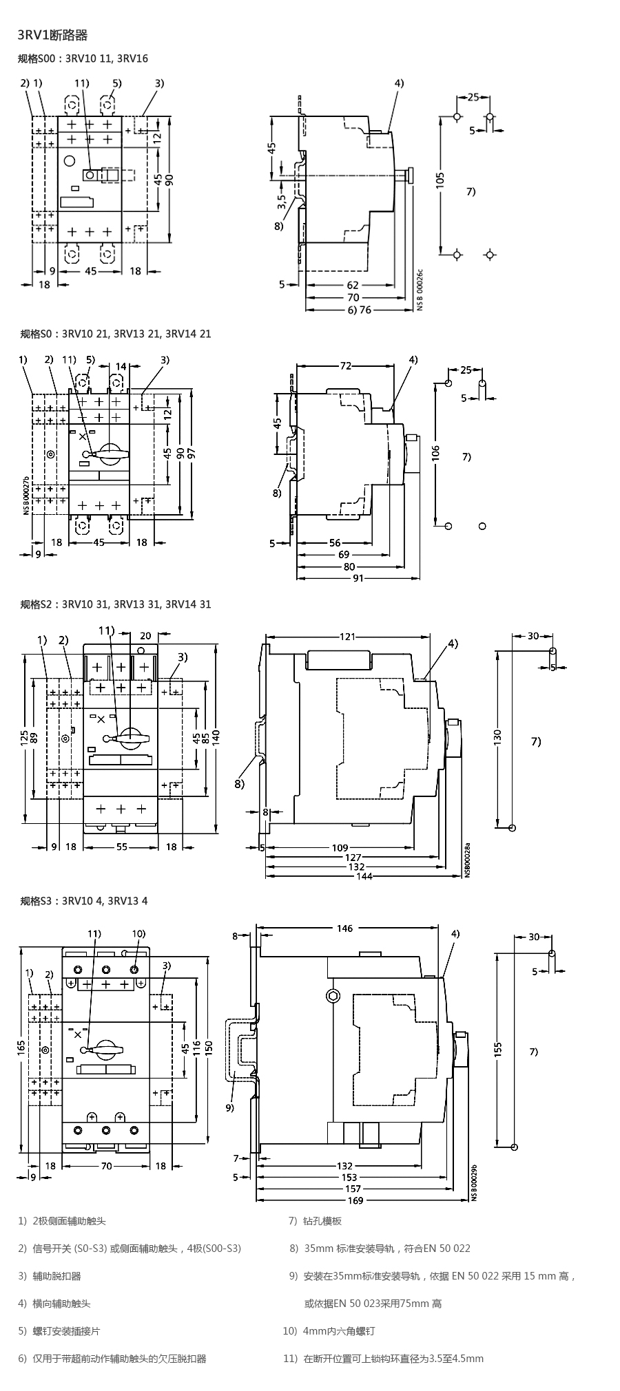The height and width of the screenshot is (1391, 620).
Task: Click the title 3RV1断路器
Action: (x=52, y=35)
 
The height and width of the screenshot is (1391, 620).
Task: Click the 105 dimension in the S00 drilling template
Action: (x=441, y=180)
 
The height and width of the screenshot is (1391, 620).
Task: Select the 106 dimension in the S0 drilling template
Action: (x=436, y=452)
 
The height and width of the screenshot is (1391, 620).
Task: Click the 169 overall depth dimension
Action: (x=355, y=1200)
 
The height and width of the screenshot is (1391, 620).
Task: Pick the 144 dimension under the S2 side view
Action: (x=364, y=876)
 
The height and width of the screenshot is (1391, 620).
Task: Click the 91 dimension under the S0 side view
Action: (x=358, y=578)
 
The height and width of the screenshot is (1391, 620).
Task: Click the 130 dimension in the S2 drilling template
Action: (x=498, y=736)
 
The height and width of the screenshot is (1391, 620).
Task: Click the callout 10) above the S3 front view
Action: (x=138, y=934)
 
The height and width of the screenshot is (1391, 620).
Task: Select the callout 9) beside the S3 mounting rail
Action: (x=229, y=1107)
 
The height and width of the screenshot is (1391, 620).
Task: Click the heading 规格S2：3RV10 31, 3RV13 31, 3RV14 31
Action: (x=116, y=604)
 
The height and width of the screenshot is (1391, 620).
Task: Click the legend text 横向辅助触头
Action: (x=61, y=1303)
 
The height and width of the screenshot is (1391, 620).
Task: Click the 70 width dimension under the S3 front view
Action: (x=106, y=1166)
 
